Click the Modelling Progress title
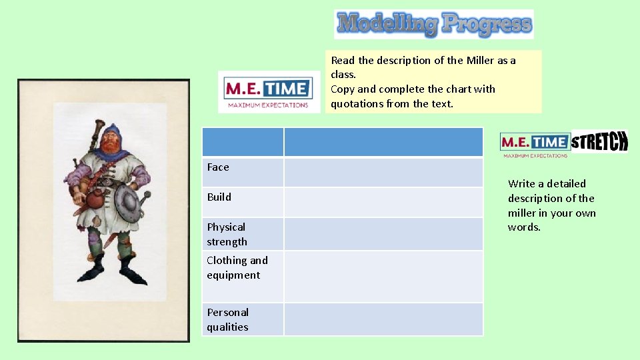pyautogui.click(x=434, y=25)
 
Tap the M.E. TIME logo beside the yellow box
pyautogui.click(x=269, y=92)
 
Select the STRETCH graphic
pyautogui.click(x=599, y=141)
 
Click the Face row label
pyautogui.click(x=218, y=167)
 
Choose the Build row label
pyautogui.click(x=219, y=197)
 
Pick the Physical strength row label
pyautogui.click(x=227, y=234)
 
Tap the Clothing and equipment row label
pyautogui.click(x=237, y=267)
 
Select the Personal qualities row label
pyautogui.click(x=227, y=319)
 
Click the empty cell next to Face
pyautogui.click(x=383, y=172)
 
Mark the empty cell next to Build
pyautogui.click(x=383, y=202)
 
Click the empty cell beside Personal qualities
pyautogui.click(x=383, y=319)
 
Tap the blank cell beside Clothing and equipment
pyautogui.click(x=383, y=276)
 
